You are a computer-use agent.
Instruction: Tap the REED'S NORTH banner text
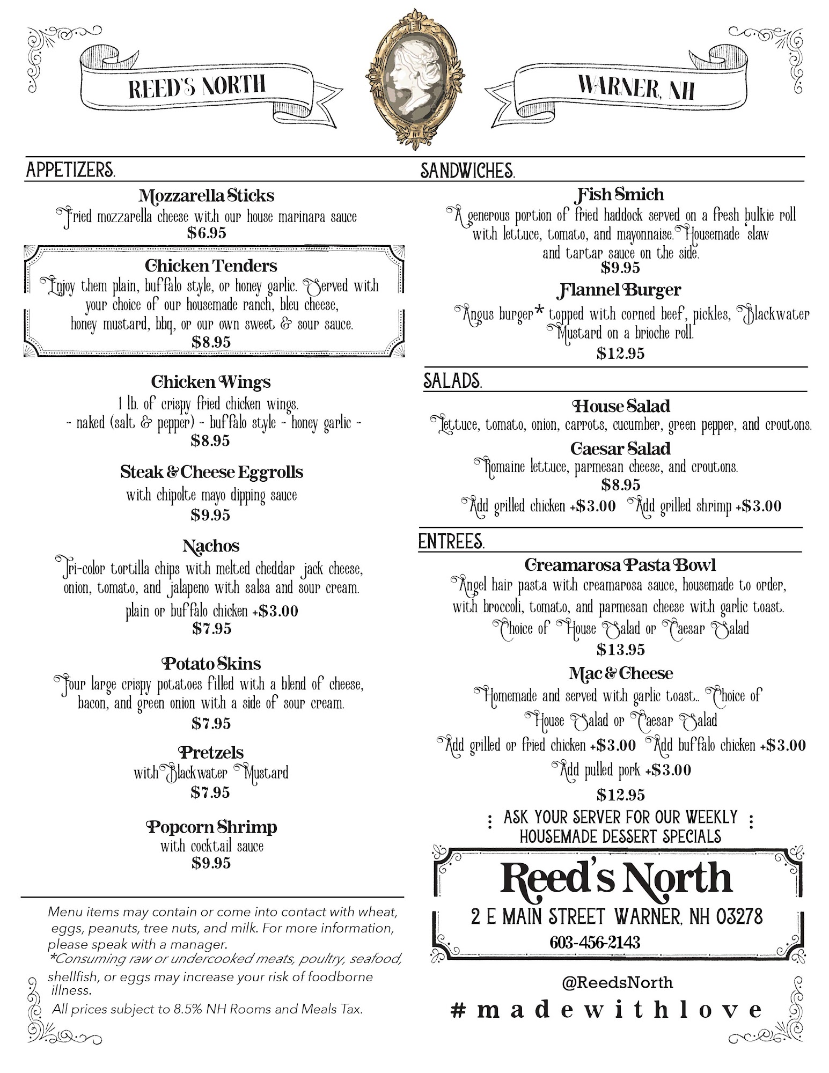197,86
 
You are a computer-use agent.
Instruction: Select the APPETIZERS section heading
70,170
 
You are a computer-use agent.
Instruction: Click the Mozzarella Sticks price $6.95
207,233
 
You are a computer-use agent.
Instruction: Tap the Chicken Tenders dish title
211,266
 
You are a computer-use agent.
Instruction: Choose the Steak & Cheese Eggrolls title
211,472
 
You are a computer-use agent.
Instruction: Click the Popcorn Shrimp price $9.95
211,863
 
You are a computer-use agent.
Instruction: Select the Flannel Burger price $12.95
620,353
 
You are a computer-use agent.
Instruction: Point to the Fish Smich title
620,194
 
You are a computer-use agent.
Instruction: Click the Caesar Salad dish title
620,448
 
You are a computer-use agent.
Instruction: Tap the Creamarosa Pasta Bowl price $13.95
620,650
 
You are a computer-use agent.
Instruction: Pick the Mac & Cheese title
620,673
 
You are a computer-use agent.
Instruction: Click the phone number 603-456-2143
595,942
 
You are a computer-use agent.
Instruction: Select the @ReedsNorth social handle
617,982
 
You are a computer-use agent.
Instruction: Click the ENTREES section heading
451,542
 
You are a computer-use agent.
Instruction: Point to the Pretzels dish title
211,752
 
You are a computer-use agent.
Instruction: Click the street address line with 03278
617,916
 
